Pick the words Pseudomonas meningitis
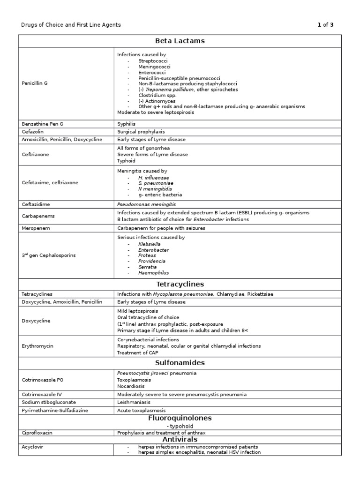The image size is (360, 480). tap(147, 204)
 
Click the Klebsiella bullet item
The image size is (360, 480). tap(149, 244)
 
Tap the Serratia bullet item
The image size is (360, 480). tap(147, 267)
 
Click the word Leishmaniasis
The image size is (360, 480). tap(134, 402)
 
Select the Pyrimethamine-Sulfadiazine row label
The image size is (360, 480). tap(55, 410)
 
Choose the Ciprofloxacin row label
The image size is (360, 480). tap(37, 433)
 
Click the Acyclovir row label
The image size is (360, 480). tap(32, 447)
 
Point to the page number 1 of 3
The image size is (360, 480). tap(325, 25)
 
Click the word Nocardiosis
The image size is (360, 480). tap(131, 386)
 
